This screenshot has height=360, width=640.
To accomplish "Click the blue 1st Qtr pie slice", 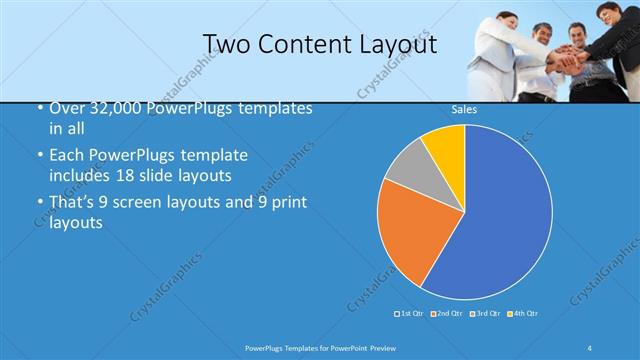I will [x=500, y=215].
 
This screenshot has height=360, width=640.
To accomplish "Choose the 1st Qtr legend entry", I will [x=411, y=314].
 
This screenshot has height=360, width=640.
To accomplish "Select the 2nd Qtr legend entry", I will [x=448, y=314].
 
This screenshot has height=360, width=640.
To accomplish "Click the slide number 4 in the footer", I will [x=590, y=347].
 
